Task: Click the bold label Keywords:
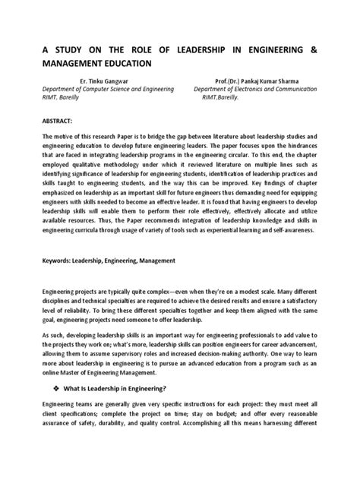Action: [x=45, y=260]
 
